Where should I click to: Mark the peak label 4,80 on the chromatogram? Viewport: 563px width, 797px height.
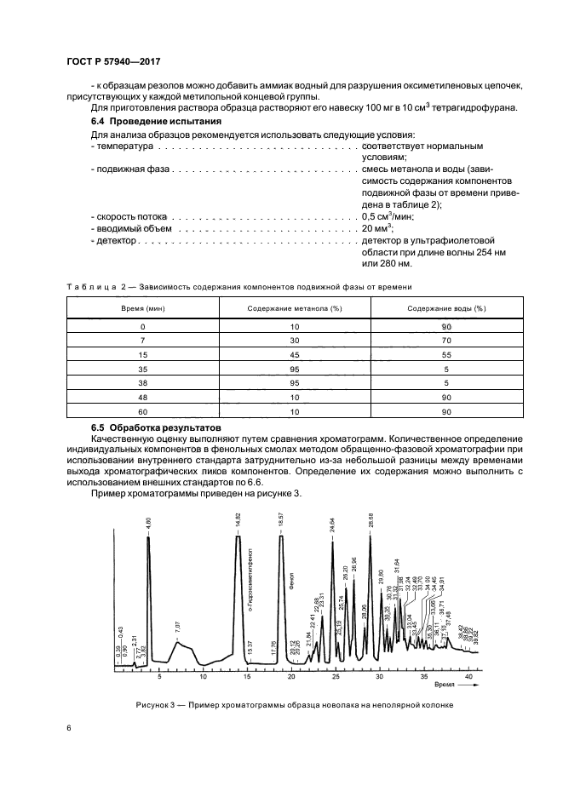tap(148, 523)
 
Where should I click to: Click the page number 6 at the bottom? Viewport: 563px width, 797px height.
tap(68, 728)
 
